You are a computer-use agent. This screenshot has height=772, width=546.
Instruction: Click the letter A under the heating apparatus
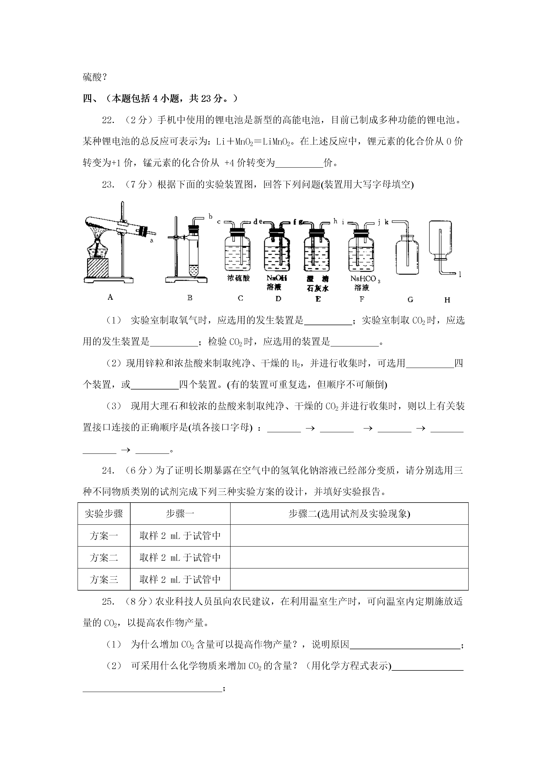(110, 297)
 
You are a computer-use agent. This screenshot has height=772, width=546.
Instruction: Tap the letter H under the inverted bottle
(447, 300)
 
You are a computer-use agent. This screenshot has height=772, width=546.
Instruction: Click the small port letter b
(211, 216)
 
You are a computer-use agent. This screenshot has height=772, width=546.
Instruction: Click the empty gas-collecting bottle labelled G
(407, 256)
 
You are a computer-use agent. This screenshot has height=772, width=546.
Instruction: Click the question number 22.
(108, 120)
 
